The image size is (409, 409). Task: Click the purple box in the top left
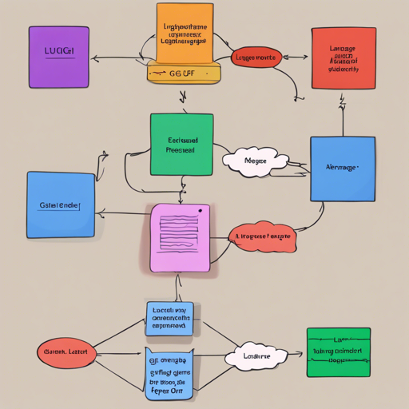58,56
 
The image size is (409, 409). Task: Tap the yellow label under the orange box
183,73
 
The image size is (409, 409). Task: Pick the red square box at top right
343,58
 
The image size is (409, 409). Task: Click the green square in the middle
182,144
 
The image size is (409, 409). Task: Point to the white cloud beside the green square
256,161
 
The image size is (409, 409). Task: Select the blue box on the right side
342,168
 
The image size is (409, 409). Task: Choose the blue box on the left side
60,204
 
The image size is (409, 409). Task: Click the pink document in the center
181,236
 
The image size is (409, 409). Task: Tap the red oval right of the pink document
262,236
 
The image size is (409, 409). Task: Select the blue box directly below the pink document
169,318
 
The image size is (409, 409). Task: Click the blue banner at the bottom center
169,372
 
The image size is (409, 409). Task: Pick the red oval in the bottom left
67,351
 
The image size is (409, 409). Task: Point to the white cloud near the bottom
255,357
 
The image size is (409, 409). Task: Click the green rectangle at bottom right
339,351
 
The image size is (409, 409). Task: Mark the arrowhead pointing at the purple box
95,58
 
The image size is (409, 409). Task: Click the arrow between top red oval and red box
296,58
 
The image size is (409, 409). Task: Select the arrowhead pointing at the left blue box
99,213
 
